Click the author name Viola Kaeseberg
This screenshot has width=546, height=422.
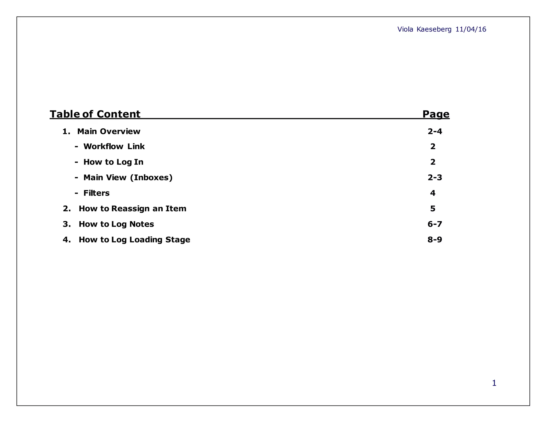click(424, 29)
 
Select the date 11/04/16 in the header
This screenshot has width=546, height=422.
click(471, 29)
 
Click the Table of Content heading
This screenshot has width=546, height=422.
click(95, 114)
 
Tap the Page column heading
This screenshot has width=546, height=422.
click(436, 114)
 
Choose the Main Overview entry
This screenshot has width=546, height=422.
click(109, 132)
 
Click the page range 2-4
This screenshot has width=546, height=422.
click(435, 132)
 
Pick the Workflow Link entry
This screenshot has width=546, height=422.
click(114, 146)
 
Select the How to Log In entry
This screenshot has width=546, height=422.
click(113, 162)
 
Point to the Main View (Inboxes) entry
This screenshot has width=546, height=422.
click(128, 177)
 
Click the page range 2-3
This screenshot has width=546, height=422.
click(435, 177)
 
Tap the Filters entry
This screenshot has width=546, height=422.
click(96, 193)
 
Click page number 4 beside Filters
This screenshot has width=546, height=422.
click(433, 193)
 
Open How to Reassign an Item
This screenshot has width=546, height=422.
click(133, 208)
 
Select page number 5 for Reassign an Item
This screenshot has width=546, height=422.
click(433, 208)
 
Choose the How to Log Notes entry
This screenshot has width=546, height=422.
click(116, 224)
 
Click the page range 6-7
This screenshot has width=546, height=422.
click(435, 224)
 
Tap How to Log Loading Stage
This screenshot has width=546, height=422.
click(134, 240)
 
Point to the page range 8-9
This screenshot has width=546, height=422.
click(435, 240)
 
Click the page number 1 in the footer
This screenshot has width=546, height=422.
click(494, 383)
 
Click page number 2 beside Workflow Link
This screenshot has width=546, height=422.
click(433, 146)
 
